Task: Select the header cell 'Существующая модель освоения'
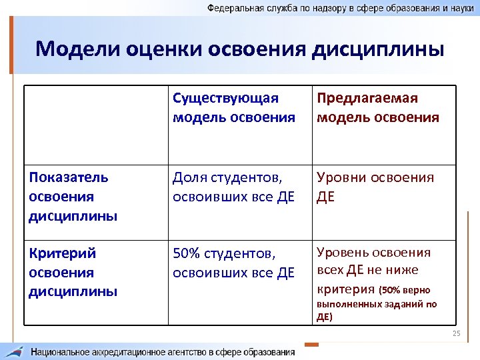click(233, 108)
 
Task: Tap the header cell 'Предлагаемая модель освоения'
click(377, 108)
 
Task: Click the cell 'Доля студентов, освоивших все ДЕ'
click(233, 187)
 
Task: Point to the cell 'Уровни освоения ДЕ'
click(375, 187)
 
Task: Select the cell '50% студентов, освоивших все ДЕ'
click(233, 263)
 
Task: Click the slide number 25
click(456, 333)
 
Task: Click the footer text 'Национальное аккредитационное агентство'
click(163, 351)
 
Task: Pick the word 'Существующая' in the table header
click(225, 99)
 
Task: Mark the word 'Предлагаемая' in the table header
click(367, 99)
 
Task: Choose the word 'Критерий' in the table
click(63, 253)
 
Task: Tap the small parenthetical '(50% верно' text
click(405, 291)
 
